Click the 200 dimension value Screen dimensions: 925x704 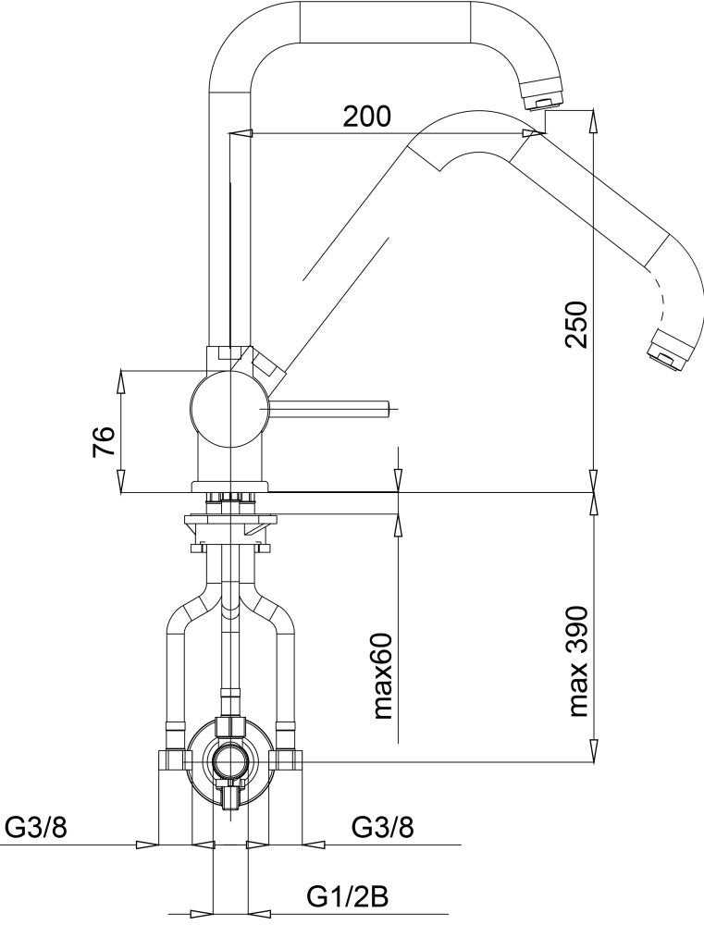[367, 117]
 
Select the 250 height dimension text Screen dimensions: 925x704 [576, 324]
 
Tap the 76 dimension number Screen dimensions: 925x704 [105, 441]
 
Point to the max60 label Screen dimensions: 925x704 [384, 677]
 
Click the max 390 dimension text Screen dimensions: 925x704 [579, 662]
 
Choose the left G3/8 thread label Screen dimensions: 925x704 [34, 827]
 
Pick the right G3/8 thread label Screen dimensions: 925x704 [382, 827]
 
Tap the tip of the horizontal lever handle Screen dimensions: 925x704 [390, 405]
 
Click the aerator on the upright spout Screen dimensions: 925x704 [542, 93]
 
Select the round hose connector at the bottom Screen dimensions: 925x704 [227, 761]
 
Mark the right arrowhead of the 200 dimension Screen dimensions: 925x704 [533, 133]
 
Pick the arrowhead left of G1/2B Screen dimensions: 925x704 [203, 911]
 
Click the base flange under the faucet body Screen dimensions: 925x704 [227, 485]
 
